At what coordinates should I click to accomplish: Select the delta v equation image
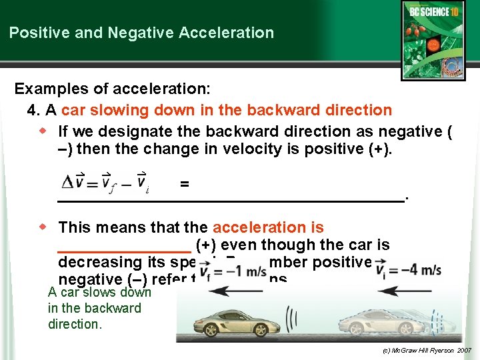(105, 183)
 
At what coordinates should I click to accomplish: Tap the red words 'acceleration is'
(268, 227)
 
